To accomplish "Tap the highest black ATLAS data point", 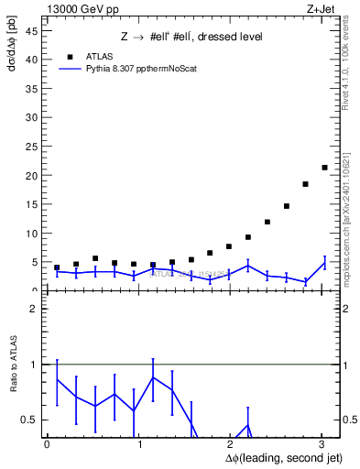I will [324, 167].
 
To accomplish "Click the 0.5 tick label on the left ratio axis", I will [30, 420].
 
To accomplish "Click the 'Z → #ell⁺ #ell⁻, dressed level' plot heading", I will [192, 37].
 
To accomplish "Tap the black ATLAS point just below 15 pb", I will [286, 206].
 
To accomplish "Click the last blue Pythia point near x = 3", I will [324, 263].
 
